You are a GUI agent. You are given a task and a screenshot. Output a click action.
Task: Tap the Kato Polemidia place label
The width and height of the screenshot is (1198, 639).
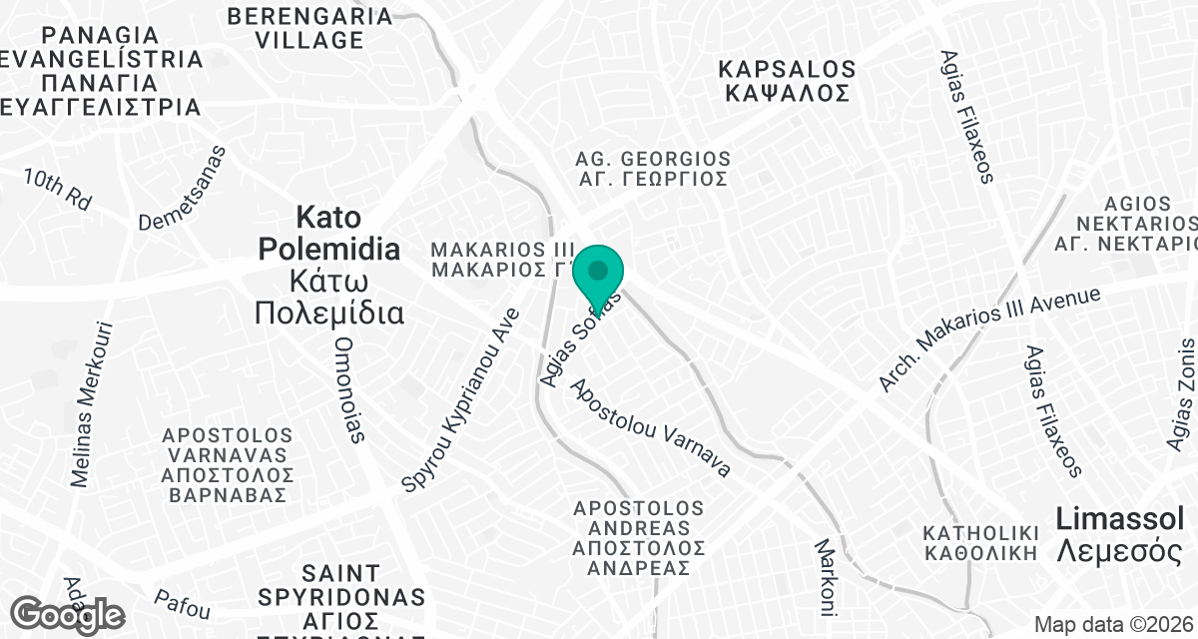329,266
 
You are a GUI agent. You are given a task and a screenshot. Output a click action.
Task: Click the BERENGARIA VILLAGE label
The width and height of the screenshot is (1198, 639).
309,28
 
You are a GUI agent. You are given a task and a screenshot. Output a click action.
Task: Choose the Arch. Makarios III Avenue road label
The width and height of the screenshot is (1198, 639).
988,339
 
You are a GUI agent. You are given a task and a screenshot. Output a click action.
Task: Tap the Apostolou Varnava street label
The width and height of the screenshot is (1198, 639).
650,426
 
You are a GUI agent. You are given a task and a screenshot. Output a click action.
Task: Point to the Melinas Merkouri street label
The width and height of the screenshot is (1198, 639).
92,404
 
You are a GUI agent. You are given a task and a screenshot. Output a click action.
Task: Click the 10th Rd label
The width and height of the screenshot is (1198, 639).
58,189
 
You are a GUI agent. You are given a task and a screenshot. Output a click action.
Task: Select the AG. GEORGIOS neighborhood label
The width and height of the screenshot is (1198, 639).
653,169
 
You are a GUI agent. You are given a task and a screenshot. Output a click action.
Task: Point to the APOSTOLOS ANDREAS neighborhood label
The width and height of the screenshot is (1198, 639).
639,537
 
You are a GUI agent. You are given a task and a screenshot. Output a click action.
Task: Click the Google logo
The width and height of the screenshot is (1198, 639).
68,614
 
